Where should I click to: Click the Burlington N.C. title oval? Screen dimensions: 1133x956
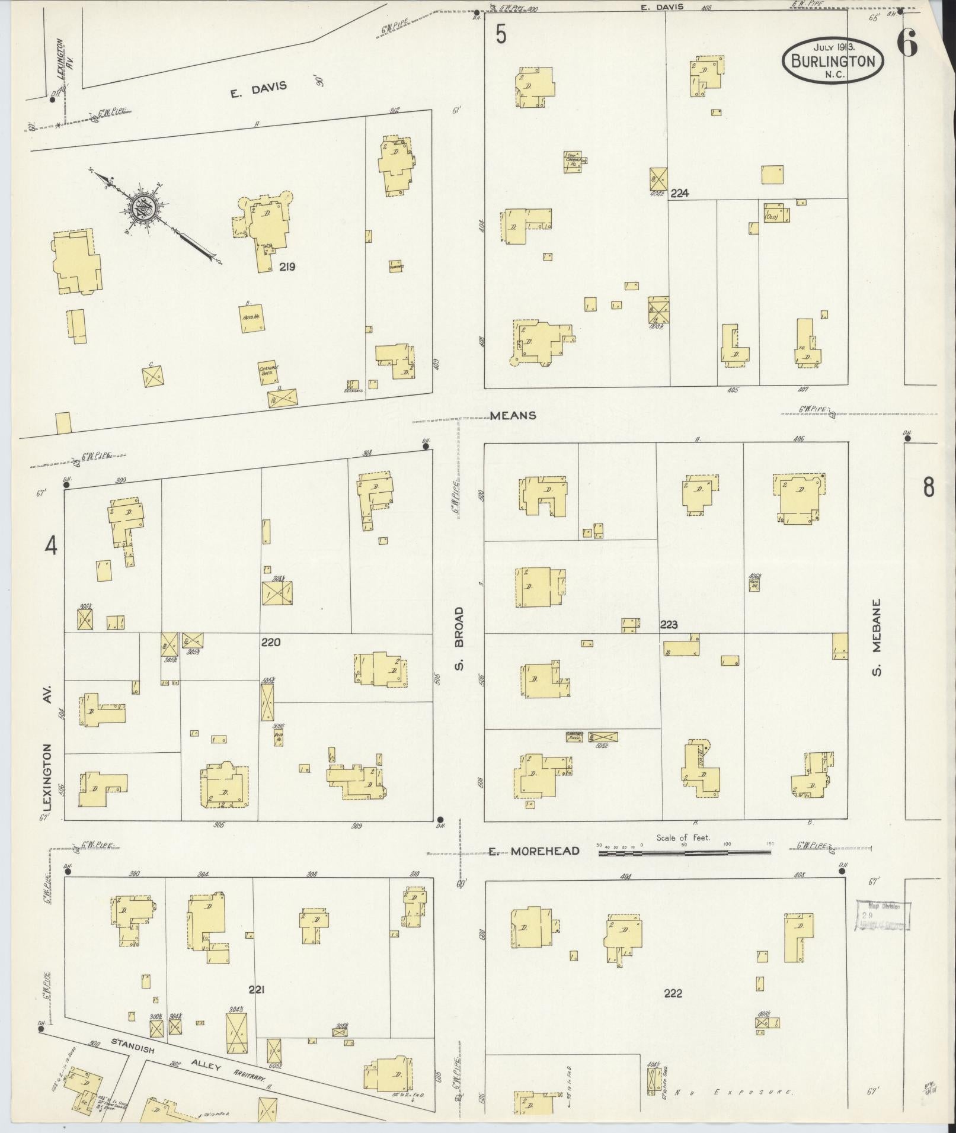833,60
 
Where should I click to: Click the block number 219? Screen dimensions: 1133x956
287,267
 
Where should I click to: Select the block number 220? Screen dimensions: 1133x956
270,642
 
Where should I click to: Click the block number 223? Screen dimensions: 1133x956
669,624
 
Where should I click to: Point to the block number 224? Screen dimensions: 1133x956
679,192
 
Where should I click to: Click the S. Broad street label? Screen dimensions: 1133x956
461,639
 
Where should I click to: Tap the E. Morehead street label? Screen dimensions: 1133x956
533,852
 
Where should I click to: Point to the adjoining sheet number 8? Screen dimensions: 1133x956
928,487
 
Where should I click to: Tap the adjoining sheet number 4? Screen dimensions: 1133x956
52,545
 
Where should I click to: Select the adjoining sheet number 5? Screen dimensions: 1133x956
501,36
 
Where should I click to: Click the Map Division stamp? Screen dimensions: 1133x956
883,916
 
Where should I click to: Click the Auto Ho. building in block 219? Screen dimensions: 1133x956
251,317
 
